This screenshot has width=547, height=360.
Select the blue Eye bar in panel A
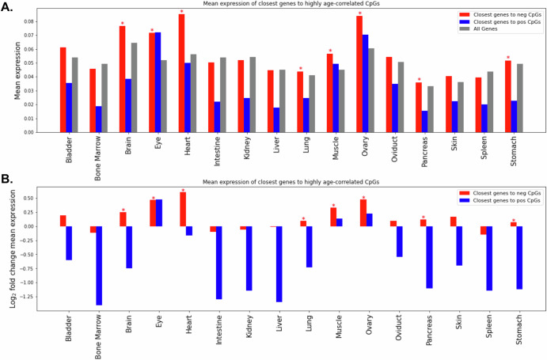pyautogui.click(x=158, y=82)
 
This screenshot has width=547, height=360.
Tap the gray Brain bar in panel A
pyautogui.click(x=135, y=87)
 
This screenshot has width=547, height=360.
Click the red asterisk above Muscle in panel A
pyautogui.click(x=330, y=51)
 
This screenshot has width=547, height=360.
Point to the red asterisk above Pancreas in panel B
pyautogui.click(x=423, y=218)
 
